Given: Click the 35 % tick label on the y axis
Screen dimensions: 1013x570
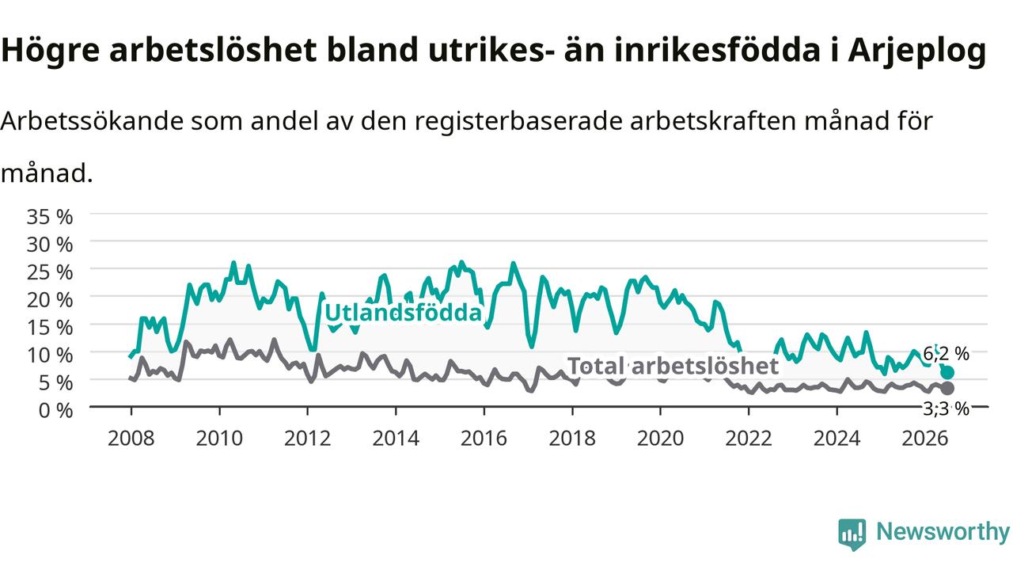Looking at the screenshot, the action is tap(50, 217).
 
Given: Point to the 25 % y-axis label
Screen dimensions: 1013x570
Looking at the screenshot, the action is tap(50, 272).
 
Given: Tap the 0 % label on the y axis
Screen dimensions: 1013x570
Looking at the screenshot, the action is tap(55, 411).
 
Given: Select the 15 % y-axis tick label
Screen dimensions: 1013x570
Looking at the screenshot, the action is tap(50, 328).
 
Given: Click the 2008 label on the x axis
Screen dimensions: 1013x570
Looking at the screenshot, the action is tap(131, 439).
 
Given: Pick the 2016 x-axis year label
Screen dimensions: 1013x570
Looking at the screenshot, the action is tap(484, 439).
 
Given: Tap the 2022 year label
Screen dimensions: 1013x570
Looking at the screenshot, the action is tap(749, 439).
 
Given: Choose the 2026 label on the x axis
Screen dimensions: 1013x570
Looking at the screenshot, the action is tap(925, 439).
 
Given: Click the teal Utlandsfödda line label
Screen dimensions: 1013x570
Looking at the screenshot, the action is tap(404, 313).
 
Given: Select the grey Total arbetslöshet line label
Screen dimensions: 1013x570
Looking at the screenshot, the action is tap(673, 366).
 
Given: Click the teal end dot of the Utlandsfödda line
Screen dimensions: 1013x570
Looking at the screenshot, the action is tap(947, 373).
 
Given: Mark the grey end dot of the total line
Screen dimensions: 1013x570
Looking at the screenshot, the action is tap(947, 389).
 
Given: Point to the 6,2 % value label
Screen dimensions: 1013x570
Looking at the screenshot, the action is tap(946, 353).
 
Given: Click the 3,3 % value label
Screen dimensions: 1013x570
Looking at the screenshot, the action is tap(946, 409).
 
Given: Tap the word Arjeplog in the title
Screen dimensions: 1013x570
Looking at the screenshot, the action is tap(917, 51).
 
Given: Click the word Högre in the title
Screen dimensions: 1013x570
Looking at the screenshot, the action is tap(50, 51).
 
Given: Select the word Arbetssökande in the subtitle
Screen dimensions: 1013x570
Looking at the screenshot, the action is tap(93, 121).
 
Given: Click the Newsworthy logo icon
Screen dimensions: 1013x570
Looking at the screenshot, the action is tap(852, 534).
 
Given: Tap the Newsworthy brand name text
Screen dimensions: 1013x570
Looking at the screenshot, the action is tap(943, 531).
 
